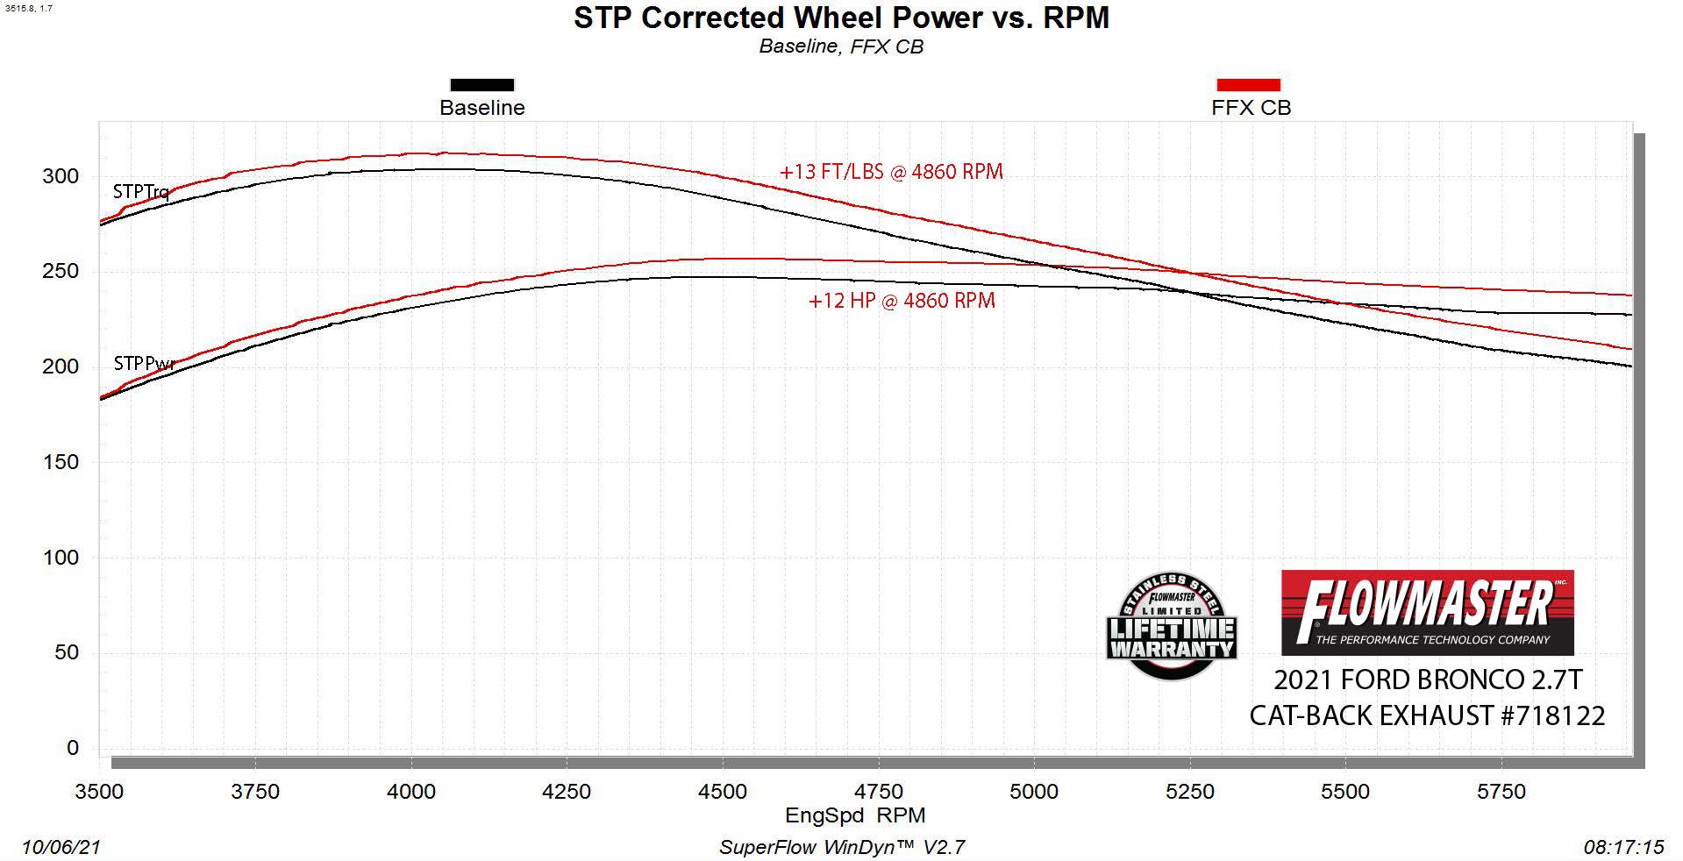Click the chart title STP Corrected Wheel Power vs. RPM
click(x=841, y=18)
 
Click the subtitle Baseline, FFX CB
click(x=841, y=46)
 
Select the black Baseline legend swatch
click(x=481, y=85)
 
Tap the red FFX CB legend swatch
click(x=1248, y=85)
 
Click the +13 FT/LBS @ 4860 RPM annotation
click(x=891, y=172)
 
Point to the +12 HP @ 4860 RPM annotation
click(x=902, y=301)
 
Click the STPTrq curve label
click(x=140, y=191)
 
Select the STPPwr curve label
click(x=144, y=363)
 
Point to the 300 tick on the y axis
click(x=61, y=176)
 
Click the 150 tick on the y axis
click(x=61, y=462)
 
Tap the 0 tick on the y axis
click(x=73, y=748)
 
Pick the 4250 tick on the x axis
click(x=567, y=792)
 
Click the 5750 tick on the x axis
click(x=1501, y=792)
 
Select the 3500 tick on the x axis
click(x=99, y=792)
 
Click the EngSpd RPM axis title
click(x=855, y=815)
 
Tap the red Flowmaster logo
click(x=1427, y=613)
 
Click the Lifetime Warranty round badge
click(x=1172, y=626)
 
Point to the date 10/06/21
click(x=61, y=847)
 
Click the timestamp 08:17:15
click(x=1623, y=847)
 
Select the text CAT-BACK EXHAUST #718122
click(x=1427, y=715)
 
